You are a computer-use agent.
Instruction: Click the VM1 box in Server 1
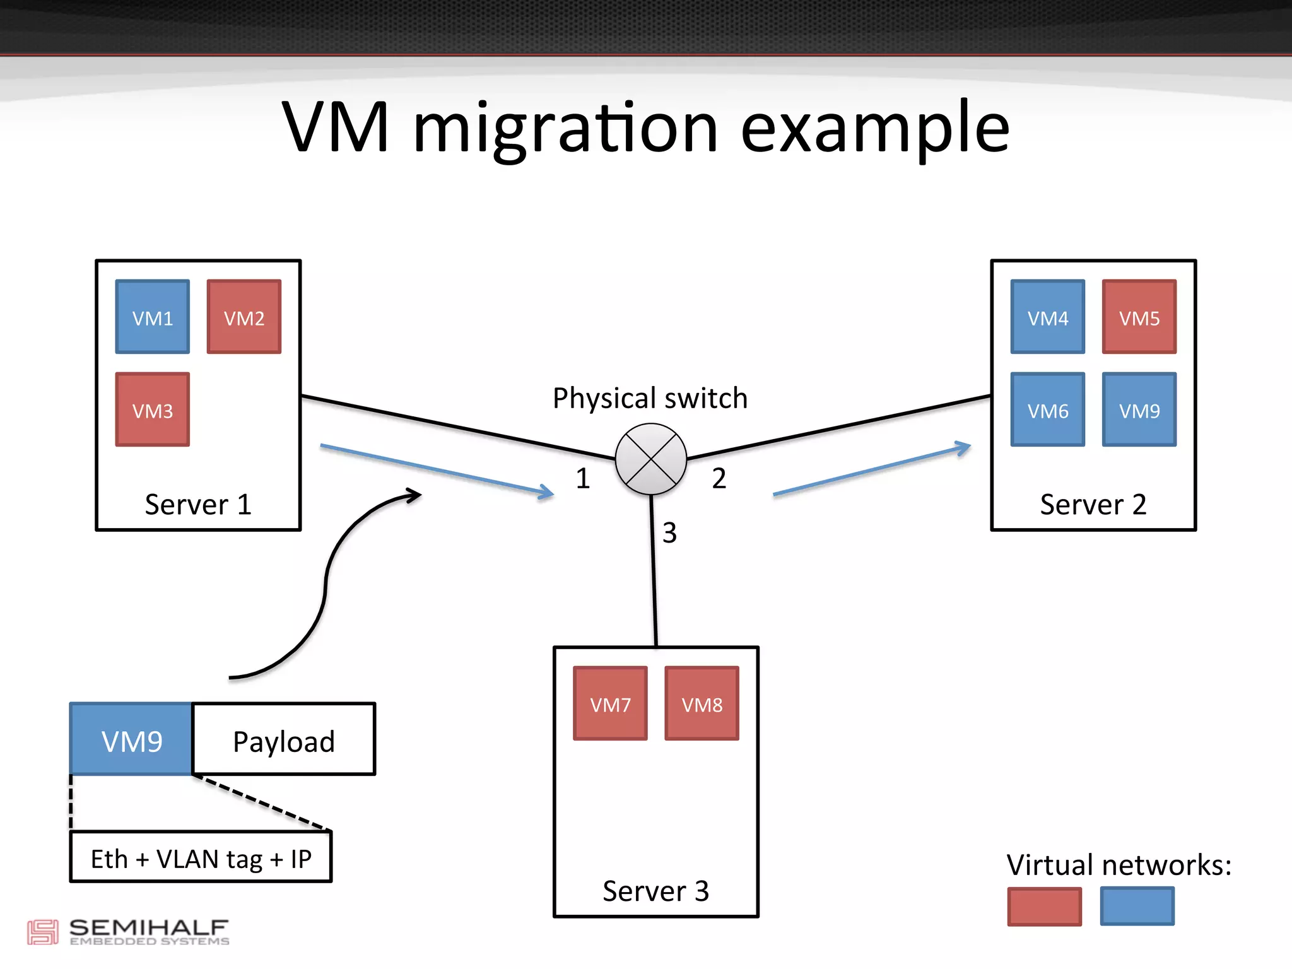tap(152, 317)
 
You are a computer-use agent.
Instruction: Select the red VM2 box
tap(244, 317)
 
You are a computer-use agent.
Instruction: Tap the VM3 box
tap(152, 409)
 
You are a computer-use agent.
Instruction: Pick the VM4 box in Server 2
tap(1047, 317)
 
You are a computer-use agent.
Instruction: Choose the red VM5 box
tap(1139, 317)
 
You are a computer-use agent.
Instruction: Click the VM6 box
tap(1047, 409)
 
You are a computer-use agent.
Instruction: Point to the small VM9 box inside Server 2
tap(1139, 409)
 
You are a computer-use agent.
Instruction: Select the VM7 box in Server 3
tap(610, 703)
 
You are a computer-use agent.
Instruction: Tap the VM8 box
tap(702, 703)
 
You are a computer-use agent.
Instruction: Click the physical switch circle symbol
tap(650, 459)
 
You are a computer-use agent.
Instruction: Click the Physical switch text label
tap(650, 399)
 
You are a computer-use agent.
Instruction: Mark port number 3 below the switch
tap(669, 533)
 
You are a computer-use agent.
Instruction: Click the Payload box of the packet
tap(283, 739)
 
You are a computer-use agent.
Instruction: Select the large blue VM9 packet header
tap(131, 739)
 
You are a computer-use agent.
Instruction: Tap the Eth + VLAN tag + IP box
tap(201, 857)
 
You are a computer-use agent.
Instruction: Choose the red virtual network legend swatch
tap(1044, 907)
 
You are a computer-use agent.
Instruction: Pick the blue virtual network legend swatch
tap(1137, 907)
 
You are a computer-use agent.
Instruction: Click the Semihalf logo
tap(128, 932)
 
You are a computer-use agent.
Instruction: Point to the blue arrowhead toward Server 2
tap(963, 448)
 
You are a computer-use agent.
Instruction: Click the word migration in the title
tap(565, 129)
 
